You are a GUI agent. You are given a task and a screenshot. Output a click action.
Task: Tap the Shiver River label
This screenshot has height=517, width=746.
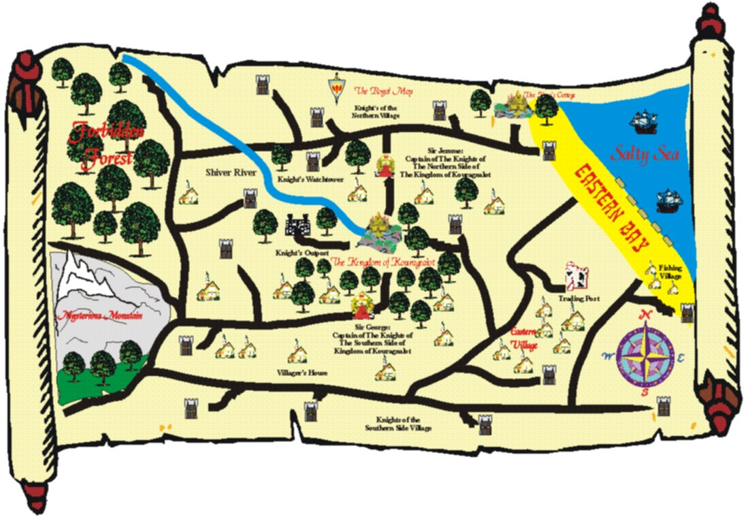[x=231, y=173]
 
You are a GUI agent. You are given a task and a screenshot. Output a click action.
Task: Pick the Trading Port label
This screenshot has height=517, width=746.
[x=577, y=298]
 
